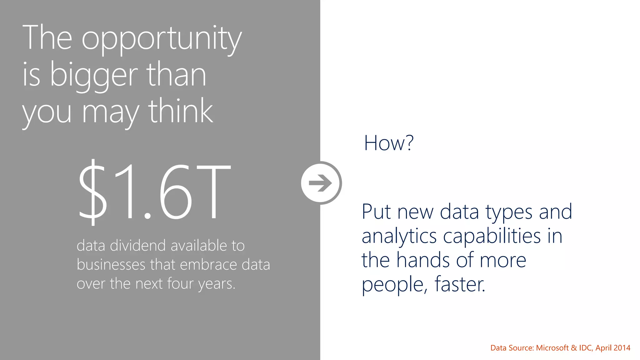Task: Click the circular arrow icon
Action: click(321, 183)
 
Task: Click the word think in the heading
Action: click(180, 111)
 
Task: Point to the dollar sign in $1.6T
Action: click(92, 191)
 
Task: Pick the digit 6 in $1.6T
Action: click(175, 191)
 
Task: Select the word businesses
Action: click(111, 264)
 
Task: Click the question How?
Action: click(389, 143)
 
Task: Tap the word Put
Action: click(377, 212)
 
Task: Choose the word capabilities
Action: click(492, 236)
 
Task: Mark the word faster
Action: click(460, 284)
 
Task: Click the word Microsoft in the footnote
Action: click(552, 348)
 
